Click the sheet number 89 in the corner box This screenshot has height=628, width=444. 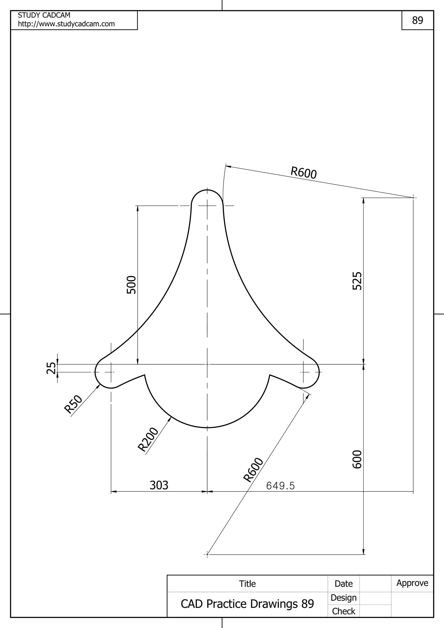pyautogui.click(x=418, y=20)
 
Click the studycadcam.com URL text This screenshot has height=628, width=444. pyautogui.click(x=66, y=24)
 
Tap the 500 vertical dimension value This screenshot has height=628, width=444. pyautogui.click(x=132, y=285)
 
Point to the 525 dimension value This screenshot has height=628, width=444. pyautogui.click(x=357, y=281)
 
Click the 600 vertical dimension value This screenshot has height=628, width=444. pyautogui.click(x=357, y=459)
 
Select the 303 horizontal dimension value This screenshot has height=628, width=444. pyautogui.click(x=159, y=485)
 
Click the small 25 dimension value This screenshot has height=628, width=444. pyautogui.click(x=51, y=368)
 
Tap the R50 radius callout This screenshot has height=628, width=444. pyautogui.click(x=73, y=404)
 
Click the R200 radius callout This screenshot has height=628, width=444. pyautogui.click(x=148, y=439)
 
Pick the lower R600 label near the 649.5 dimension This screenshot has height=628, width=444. pyautogui.click(x=253, y=470)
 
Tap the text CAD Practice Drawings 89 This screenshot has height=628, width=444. pyautogui.click(x=247, y=604)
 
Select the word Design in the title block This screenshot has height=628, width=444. pyautogui.click(x=343, y=598)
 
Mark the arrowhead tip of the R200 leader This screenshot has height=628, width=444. pyautogui.click(x=171, y=416)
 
